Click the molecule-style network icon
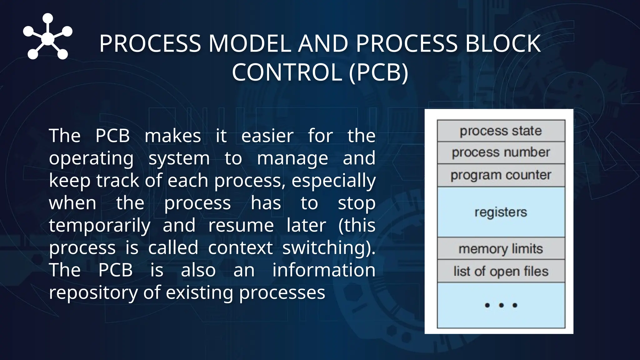point(47,37)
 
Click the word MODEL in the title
point(249,43)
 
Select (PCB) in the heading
point(378,72)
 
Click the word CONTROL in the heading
point(287,72)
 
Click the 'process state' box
point(501,131)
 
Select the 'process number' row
point(501,152)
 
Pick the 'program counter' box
point(501,175)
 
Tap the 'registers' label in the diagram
point(501,212)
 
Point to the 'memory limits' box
point(501,249)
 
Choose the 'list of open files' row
point(501,271)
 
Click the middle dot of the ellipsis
point(501,305)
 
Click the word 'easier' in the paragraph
point(267,136)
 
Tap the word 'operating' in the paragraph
point(91,158)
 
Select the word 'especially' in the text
point(333,181)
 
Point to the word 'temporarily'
point(99,225)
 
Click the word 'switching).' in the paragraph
point(328,248)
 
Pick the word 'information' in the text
point(324,270)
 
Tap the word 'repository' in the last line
point(93,292)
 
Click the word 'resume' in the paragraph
point(241,225)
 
